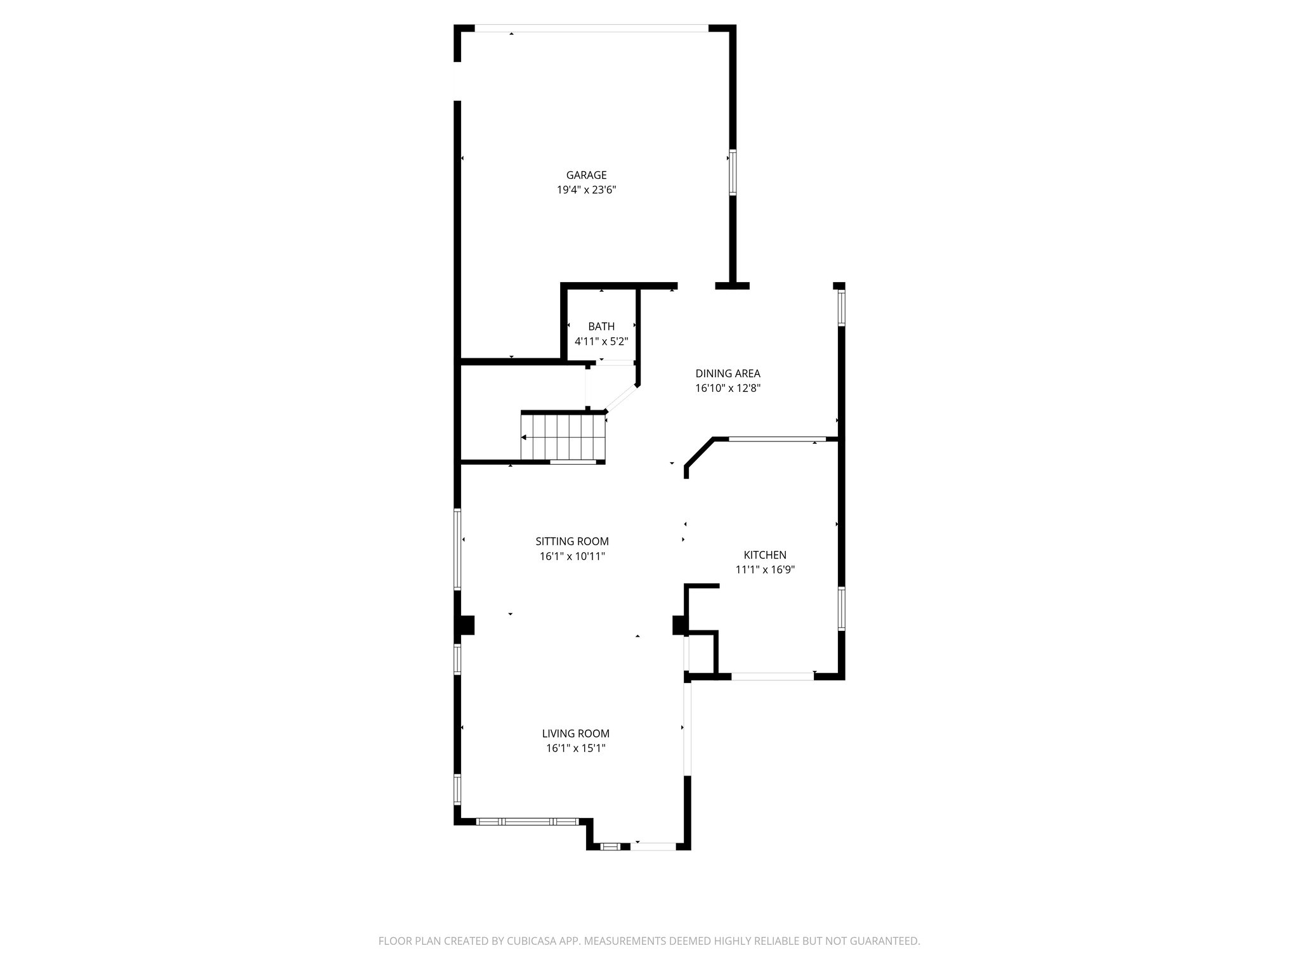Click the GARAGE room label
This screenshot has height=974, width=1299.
586,175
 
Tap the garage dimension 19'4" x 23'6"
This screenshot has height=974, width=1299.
586,190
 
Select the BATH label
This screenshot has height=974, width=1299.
601,327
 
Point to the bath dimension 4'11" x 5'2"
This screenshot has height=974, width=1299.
601,341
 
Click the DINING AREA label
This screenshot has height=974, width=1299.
728,373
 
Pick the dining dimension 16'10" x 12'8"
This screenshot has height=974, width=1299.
728,388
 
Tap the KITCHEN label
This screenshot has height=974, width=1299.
765,555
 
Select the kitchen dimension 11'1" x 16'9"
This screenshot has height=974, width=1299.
765,569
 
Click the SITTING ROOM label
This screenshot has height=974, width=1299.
572,542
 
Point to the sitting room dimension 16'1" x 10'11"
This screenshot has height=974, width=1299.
572,556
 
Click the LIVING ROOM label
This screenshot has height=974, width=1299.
575,734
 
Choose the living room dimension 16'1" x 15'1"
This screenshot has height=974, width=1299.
575,748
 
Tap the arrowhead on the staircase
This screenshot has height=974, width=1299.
524,438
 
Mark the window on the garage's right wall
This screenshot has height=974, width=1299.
732,172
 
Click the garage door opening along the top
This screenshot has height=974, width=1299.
591,28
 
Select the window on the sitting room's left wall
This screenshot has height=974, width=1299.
457,550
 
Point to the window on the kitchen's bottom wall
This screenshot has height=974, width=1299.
773,676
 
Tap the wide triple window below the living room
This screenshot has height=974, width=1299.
527,821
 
